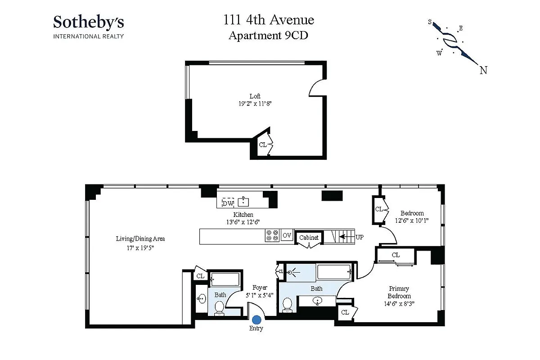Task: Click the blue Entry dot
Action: [256, 319]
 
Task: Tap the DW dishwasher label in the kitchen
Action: [228, 203]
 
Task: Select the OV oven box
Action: [287, 235]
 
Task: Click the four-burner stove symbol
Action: [272, 236]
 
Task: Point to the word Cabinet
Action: [309, 237]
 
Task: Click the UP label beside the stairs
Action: [360, 236]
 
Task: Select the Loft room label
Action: [255, 96]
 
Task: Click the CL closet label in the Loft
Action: [262, 145]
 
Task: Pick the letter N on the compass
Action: [483, 70]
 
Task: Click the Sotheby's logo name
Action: [89, 22]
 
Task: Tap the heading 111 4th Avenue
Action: [269, 20]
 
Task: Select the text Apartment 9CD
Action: [268, 36]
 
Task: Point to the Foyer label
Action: [260, 288]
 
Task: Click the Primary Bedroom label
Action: [399, 292]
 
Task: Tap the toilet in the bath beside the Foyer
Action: [219, 307]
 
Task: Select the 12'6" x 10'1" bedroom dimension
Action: [412, 220]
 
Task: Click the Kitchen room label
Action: [243, 215]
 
